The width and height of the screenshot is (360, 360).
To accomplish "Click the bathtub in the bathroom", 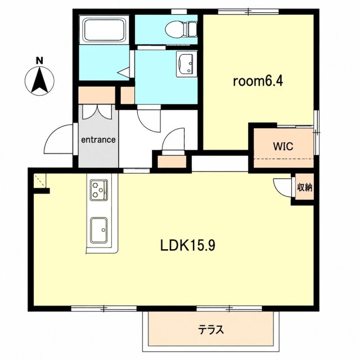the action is click(104, 30).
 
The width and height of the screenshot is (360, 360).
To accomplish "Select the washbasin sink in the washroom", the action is click(187, 64).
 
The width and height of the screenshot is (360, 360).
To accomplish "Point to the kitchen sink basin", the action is click(99, 230).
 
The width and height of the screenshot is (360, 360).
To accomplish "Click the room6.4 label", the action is click(258, 81).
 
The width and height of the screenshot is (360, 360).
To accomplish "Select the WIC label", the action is click(283, 146).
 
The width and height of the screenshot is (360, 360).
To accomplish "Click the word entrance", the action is click(98, 139).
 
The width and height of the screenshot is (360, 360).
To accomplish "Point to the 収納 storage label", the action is click(305, 187).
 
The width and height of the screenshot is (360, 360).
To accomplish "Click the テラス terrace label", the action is click(211, 330).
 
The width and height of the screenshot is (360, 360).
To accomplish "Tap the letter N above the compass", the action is click(39, 61).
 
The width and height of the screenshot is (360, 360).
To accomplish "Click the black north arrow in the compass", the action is click(39, 80).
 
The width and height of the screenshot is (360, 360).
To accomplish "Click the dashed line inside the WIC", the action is click(283, 159).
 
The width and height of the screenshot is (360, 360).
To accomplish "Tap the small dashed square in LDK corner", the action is click(40, 181).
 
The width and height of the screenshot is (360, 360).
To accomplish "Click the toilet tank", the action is click(193, 29).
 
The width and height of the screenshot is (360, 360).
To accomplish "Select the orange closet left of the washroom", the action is click(128, 95).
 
